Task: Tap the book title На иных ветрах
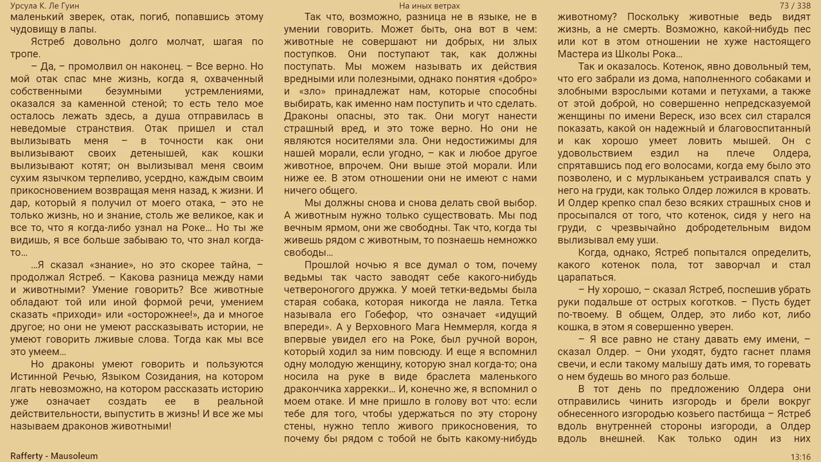(429, 6)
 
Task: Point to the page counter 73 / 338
(795, 6)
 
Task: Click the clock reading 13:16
(800, 457)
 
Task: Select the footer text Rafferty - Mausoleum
(54, 456)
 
